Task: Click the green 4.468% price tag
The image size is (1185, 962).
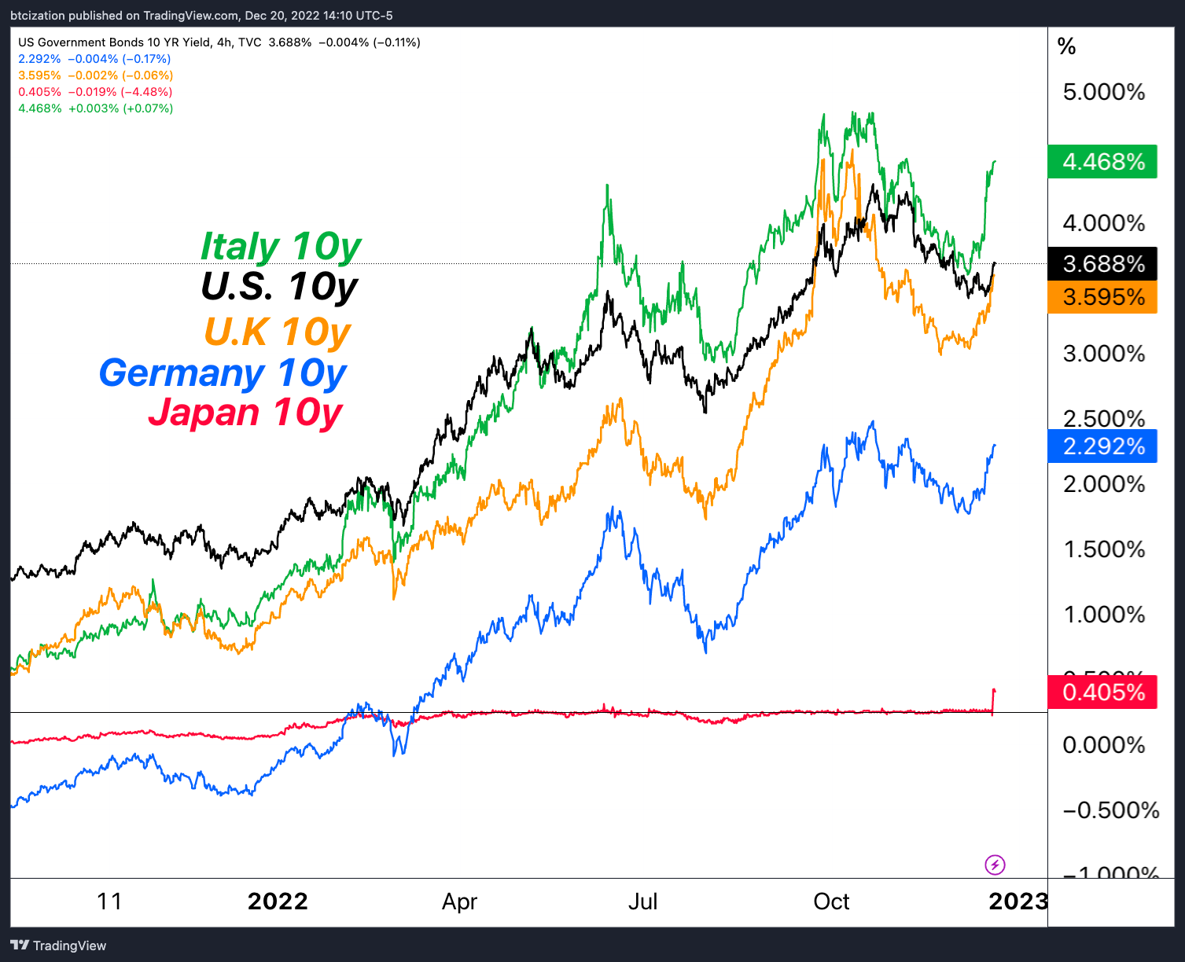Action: point(1102,162)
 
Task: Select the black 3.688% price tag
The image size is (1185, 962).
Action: point(1102,263)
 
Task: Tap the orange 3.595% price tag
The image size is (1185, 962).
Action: point(1102,297)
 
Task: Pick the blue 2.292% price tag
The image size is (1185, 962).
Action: point(1102,446)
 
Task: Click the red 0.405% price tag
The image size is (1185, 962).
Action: point(1102,692)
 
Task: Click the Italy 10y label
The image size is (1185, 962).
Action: point(280,247)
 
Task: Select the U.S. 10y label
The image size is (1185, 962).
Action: point(279,287)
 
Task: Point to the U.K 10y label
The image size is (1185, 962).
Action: point(277,332)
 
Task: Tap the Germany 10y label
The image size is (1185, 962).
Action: point(223,373)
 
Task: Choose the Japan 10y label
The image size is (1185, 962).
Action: point(245,412)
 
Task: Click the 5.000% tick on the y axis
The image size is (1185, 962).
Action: point(1103,92)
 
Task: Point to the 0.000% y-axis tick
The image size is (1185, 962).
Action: point(1103,744)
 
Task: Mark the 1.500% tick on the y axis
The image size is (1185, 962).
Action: point(1103,549)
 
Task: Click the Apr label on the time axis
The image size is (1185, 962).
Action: point(459,901)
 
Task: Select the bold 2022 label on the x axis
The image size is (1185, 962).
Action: point(278,901)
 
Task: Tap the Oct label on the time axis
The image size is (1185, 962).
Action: point(831,901)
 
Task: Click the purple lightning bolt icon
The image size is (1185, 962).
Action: point(995,865)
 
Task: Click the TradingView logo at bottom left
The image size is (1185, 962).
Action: point(58,945)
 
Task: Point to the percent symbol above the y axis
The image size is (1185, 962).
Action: point(1066,47)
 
